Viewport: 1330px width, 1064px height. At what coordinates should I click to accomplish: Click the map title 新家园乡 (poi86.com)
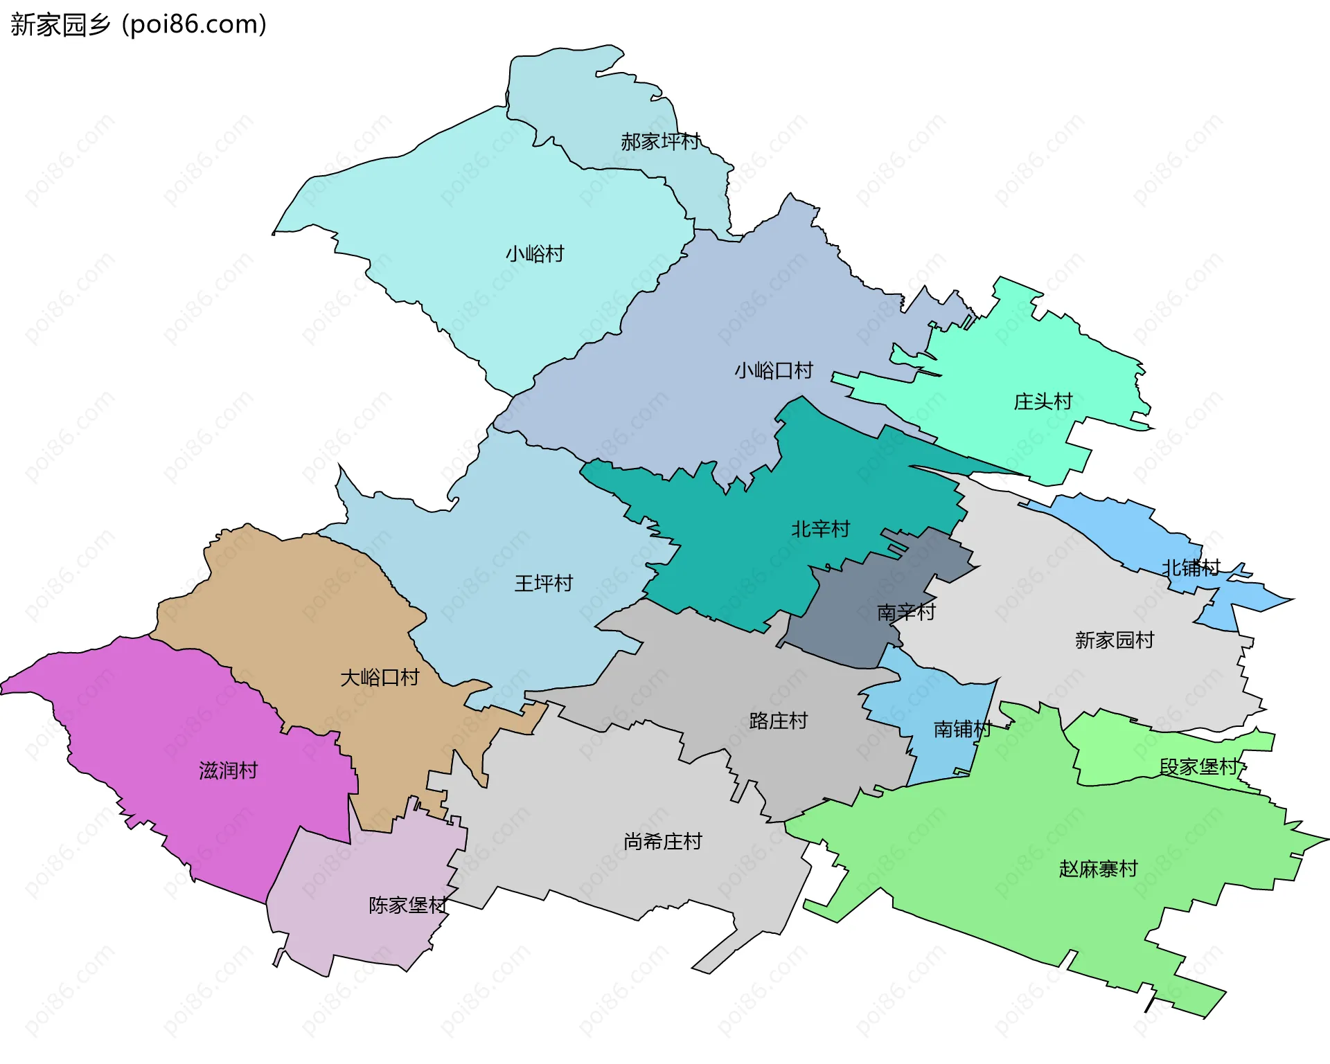pos(139,25)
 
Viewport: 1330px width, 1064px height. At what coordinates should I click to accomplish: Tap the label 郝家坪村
pos(660,142)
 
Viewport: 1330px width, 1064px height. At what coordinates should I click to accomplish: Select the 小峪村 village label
pos(535,254)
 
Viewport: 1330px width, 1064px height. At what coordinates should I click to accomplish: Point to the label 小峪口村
pos(774,371)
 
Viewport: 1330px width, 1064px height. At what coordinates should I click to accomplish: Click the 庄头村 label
pos(1043,402)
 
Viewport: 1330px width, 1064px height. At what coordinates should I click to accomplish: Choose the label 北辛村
pos(820,530)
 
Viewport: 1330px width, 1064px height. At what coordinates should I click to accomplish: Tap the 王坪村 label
pos(544,584)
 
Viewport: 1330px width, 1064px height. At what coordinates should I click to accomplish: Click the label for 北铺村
pos(1191,568)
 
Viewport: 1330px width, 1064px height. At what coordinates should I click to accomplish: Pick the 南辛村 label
pos(906,613)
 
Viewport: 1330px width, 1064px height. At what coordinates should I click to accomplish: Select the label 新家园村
pos(1115,640)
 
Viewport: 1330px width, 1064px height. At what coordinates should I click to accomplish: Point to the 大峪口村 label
pos(380,678)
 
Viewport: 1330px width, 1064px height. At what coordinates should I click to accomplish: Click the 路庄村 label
pos(779,721)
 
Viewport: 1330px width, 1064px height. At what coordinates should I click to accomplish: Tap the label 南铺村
pos(963,730)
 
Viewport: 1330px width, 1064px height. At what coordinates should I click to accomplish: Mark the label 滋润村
pos(229,770)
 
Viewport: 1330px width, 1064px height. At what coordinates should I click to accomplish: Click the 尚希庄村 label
pos(663,842)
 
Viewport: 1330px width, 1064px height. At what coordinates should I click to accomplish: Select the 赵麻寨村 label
pos(1099,869)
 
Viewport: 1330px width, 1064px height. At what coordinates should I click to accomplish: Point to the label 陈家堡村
pos(408,905)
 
